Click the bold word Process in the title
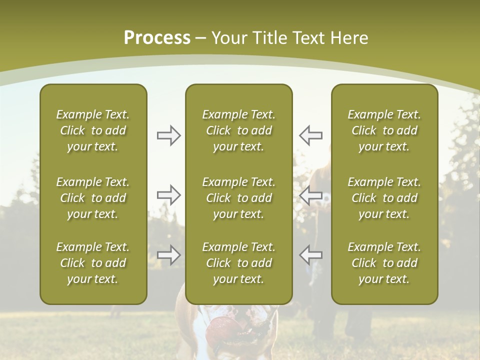(157, 38)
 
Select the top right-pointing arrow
(168, 135)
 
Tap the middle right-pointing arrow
(168, 195)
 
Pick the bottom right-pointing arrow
(168, 255)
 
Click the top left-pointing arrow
(310, 135)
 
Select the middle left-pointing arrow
(310, 195)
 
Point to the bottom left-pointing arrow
(310, 255)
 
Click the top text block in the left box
(93, 130)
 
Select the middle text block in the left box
(93, 198)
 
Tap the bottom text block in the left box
(93, 263)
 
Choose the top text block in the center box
(238, 130)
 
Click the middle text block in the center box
(238, 198)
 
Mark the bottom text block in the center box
(238, 263)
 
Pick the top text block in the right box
(384, 130)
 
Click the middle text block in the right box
(384, 198)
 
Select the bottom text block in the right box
(384, 263)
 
